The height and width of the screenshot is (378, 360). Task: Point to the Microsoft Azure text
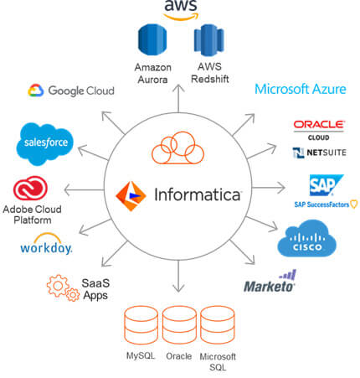300,89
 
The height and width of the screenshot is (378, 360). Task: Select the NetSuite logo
319,153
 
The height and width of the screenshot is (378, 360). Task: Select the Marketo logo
270,283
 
